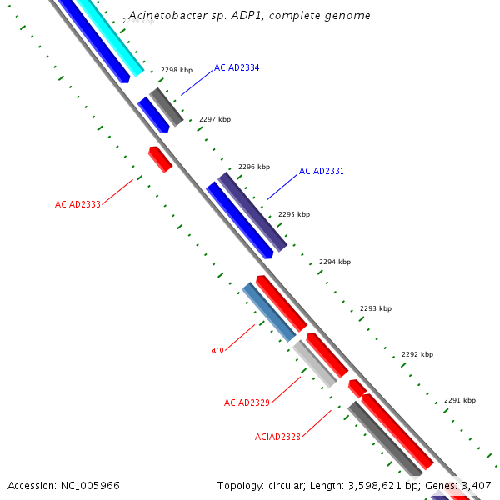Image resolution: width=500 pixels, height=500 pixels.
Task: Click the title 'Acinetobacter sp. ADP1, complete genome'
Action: pyautogui.click(x=250, y=16)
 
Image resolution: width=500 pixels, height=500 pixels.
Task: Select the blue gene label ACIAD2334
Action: pyautogui.click(x=237, y=67)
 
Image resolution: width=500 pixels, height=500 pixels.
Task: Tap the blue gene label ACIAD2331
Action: pyautogui.click(x=322, y=171)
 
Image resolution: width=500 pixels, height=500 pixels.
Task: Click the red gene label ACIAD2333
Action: pyautogui.click(x=77, y=204)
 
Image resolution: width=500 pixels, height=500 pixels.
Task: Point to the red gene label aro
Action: pyautogui.click(x=217, y=350)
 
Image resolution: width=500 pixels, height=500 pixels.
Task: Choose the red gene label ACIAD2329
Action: pyautogui.click(x=247, y=402)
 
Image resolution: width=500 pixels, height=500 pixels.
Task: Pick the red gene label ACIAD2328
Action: pyautogui.click(x=277, y=437)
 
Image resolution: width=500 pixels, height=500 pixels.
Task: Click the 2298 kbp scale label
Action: pyautogui.click(x=177, y=71)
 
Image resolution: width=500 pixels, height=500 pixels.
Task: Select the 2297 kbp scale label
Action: pyautogui.click(x=215, y=119)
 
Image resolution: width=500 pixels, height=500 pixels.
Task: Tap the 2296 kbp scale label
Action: pyautogui.click(x=254, y=167)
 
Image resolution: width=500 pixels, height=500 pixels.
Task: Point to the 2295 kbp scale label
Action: pyautogui.click(x=294, y=214)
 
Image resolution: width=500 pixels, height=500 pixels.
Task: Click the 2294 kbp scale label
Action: pyautogui.click(x=335, y=262)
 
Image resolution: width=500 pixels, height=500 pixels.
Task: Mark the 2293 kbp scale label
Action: pyautogui.click(x=376, y=308)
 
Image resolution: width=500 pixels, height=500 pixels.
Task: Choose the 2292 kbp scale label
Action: pyautogui.click(x=417, y=354)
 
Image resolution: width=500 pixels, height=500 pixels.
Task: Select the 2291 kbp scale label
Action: pyautogui.click(x=460, y=400)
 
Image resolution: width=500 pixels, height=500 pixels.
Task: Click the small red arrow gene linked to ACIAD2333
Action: pyautogui.click(x=160, y=158)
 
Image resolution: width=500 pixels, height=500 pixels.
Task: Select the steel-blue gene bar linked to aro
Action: pyautogui.click(x=269, y=312)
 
